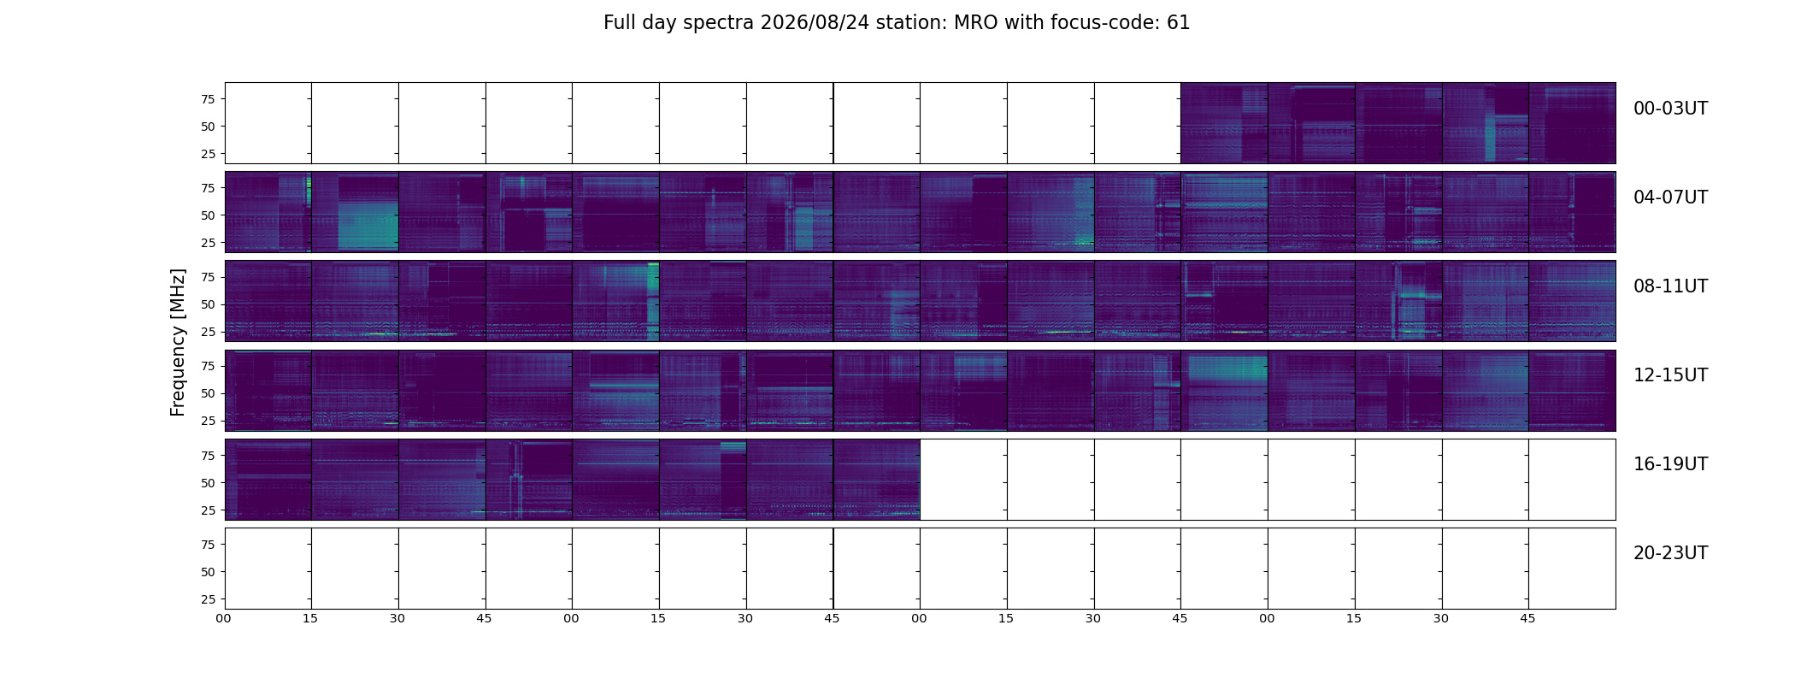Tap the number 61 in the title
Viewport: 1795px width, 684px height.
tap(1179, 23)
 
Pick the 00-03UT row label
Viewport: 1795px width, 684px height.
tap(1670, 109)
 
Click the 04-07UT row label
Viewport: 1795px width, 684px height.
tap(1670, 198)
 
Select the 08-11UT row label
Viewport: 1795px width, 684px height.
tap(1670, 286)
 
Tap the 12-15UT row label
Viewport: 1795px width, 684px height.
tap(1670, 375)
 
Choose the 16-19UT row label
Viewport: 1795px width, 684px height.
tap(1670, 464)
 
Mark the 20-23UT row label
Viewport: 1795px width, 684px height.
tap(1670, 553)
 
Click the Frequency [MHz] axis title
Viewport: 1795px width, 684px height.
tap(178, 343)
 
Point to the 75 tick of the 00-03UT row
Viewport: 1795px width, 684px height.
tap(208, 99)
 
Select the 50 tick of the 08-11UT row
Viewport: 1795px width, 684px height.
tap(208, 304)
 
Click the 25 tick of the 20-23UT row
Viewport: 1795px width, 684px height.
tap(208, 599)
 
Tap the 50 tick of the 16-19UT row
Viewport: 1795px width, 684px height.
tap(208, 483)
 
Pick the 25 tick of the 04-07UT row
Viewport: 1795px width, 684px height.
tap(208, 243)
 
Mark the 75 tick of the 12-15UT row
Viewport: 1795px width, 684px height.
tap(208, 366)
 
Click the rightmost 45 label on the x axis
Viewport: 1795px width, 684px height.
tap(1527, 618)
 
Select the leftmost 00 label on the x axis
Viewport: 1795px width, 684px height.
tap(224, 618)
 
